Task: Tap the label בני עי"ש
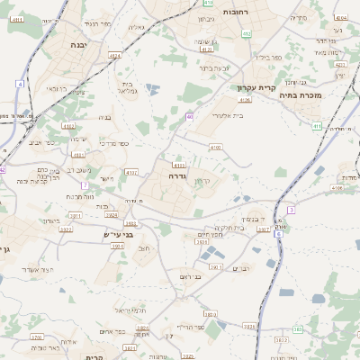coord(119,235)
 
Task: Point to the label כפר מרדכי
coord(112,143)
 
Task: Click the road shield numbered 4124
coord(114,57)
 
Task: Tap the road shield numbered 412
coord(246,34)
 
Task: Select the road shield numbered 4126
coord(245,100)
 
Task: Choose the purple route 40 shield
coord(190,117)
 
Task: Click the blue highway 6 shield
coord(292,210)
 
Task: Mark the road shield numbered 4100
coord(214,147)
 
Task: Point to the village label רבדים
coord(241,268)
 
